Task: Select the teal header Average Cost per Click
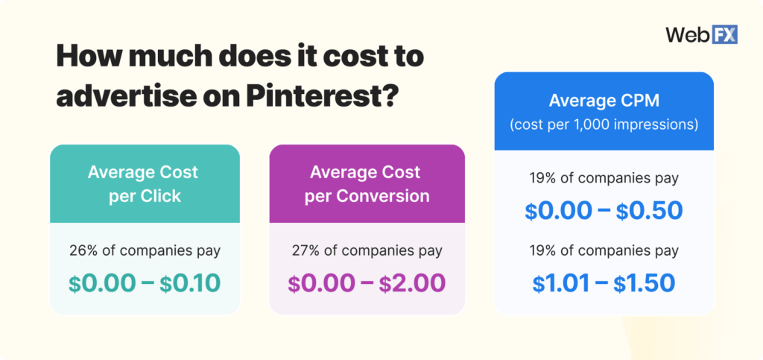pos(144,183)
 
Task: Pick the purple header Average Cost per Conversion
pos(366,183)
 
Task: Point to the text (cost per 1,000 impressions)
pos(604,124)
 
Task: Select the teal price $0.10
pos(191,282)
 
